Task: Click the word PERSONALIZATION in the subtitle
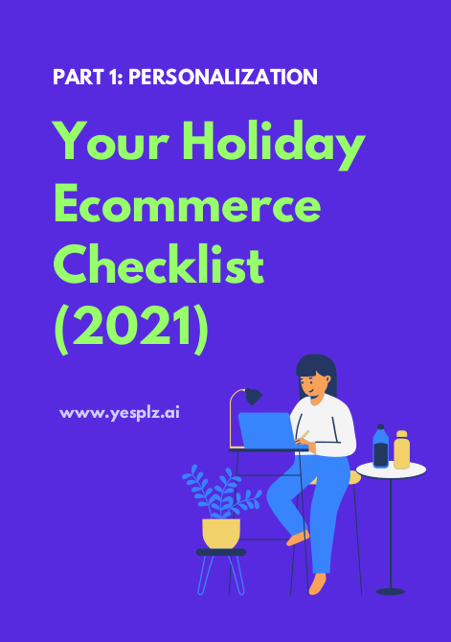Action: click(x=223, y=77)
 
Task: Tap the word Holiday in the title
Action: click(x=274, y=145)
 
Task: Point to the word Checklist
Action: click(x=159, y=264)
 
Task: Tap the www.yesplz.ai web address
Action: click(x=120, y=413)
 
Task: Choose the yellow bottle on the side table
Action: click(x=401, y=449)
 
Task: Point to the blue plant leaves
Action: click(x=221, y=492)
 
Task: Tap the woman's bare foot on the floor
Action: click(x=317, y=584)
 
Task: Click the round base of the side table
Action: click(x=391, y=591)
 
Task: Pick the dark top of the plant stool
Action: click(x=221, y=552)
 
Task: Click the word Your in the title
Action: click(x=111, y=140)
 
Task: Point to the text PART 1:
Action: click(x=88, y=77)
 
